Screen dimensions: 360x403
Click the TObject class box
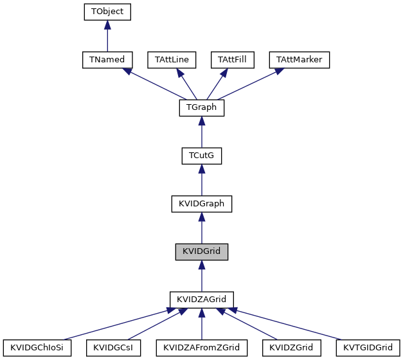107,12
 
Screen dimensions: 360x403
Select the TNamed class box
107,60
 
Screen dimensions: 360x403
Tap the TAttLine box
172,60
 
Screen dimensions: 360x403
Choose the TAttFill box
233,60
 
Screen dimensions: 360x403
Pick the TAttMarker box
299,60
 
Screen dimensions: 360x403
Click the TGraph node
201,108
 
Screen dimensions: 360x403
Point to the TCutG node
201,156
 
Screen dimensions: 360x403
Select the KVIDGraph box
201,204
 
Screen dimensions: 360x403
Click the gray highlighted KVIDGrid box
201,252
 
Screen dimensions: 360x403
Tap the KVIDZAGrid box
201,300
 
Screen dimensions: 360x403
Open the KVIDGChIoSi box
37,348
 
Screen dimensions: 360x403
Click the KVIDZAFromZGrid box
201,348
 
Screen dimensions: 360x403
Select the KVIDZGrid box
291,348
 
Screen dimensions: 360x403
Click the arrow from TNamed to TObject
107,36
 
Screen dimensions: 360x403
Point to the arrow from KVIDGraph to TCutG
201,180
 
